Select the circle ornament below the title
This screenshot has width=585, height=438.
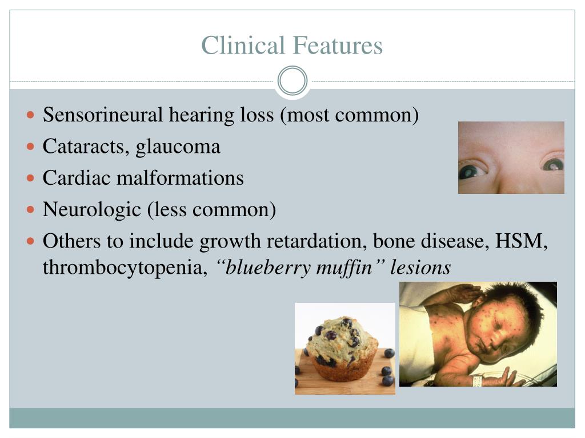click(x=292, y=81)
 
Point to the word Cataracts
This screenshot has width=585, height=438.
click(x=86, y=147)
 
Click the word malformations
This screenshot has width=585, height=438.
click(x=180, y=178)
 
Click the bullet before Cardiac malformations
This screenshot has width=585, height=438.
click(x=31, y=178)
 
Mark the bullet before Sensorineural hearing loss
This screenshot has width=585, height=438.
click(x=31, y=115)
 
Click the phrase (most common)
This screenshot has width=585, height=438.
click(x=349, y=115)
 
